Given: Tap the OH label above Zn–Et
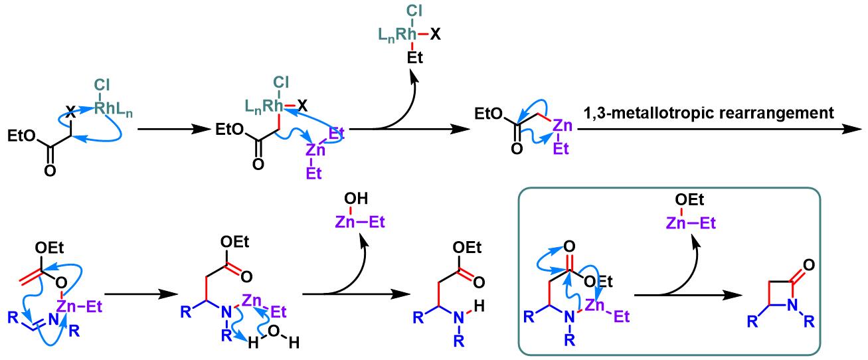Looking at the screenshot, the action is (x=356, y=199).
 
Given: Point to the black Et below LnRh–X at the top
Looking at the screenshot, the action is (x=414, y=58).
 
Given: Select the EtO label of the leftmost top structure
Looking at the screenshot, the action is (x=22, y=136).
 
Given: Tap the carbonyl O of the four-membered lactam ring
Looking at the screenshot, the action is (x=808, y=265).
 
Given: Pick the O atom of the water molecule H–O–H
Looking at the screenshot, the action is (x=274, y=331).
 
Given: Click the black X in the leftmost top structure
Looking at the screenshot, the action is (x=70, y=114).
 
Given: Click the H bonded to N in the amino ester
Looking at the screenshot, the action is (x=479, y=306).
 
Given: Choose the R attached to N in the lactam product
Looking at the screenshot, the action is (x=809, y=321).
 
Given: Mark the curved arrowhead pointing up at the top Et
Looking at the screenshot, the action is (x=414, y=76).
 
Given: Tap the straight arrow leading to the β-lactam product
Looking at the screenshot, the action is (x=688, y=296).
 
